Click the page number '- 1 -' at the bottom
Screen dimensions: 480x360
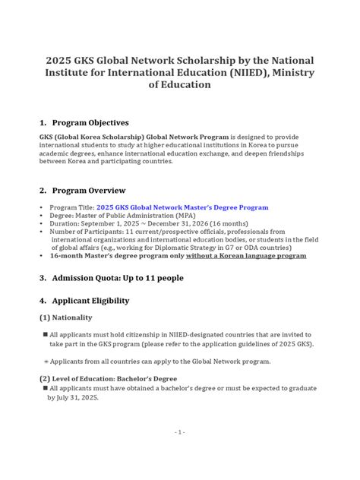tap(179, 453)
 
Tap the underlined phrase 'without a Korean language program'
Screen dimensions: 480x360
tap(249, 256)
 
